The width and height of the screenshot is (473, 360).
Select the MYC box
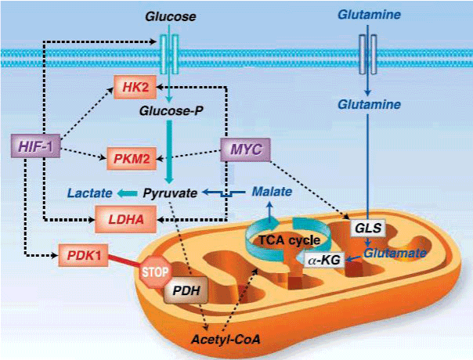pyautogui.click(x=244, y=147)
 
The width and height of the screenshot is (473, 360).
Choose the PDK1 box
pyautogui.click(x=81, y=256)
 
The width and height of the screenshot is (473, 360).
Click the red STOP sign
pyautogui.click(x=154, y=273)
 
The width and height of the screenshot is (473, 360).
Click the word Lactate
pyautogui.click(x=88, y=192)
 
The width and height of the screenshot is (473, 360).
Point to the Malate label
pyautogui.click(x=272, y=192)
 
